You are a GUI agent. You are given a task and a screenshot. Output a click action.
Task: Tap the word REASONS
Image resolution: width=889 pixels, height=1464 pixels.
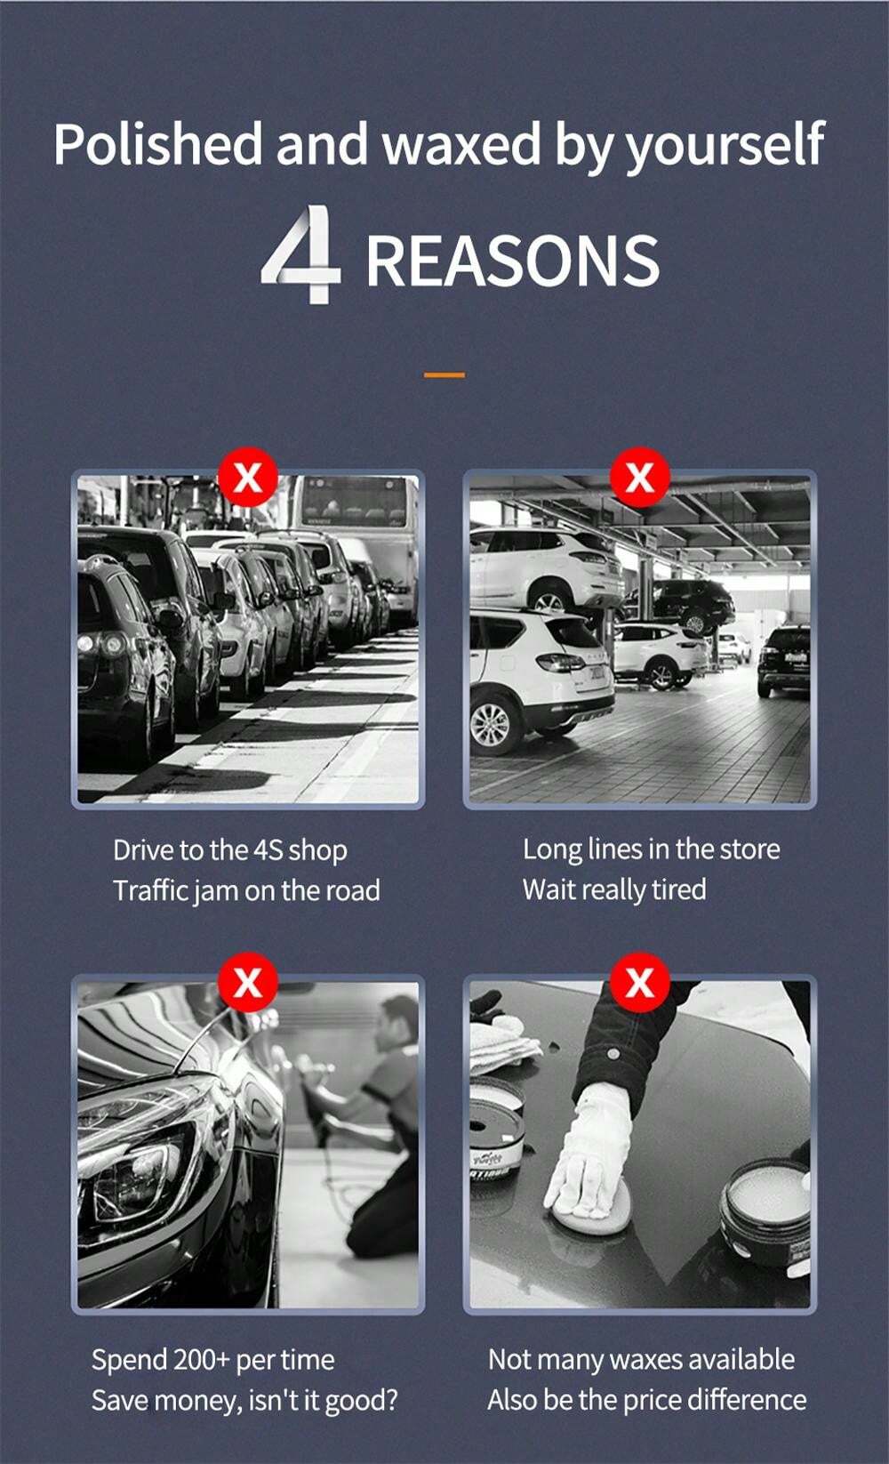512,261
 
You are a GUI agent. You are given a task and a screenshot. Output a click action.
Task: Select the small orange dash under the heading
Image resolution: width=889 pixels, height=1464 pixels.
444,375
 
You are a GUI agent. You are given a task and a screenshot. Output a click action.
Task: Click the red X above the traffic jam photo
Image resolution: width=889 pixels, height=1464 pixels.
247,478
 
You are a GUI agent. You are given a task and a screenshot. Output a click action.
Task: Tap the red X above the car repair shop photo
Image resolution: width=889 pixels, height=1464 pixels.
639,478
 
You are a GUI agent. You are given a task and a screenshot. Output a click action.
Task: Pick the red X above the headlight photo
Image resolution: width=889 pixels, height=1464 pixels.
247,983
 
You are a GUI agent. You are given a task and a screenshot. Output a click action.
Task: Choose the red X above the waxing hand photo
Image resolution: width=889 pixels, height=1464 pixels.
639,983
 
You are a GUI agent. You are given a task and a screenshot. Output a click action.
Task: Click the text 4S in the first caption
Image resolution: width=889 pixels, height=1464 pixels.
268,850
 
